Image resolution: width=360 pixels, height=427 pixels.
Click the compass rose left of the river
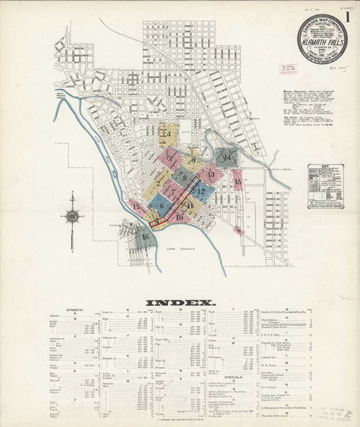click(x=73, y=215)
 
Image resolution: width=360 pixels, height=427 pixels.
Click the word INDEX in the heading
click(x=180, y=302)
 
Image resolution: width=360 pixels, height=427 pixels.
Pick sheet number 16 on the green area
click(x=145, y=236)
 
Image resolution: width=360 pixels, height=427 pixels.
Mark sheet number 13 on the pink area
click(x=211, y=174)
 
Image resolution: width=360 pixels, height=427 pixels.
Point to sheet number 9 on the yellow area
click(x=193, y=160)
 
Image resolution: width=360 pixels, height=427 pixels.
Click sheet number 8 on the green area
click(x=184, y=178)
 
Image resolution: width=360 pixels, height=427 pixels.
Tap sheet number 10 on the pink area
click(x=179, y=216)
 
